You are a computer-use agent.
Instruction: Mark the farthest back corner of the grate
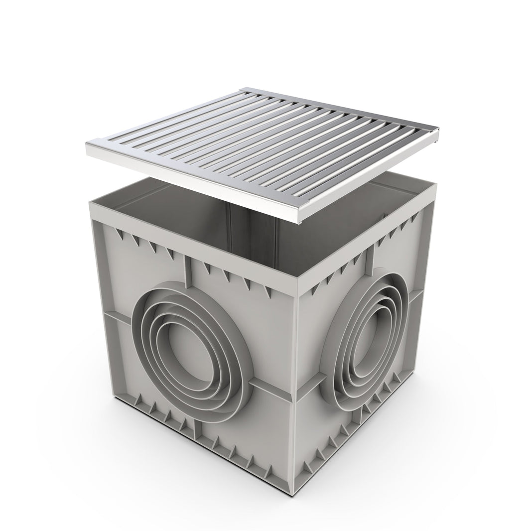pyautogui.click(x=244, y=90)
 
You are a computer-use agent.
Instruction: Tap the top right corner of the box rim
pyautogui.click(x=435, y=186)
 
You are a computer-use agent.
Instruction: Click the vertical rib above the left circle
pyautogui.click(x=188, y=271)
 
